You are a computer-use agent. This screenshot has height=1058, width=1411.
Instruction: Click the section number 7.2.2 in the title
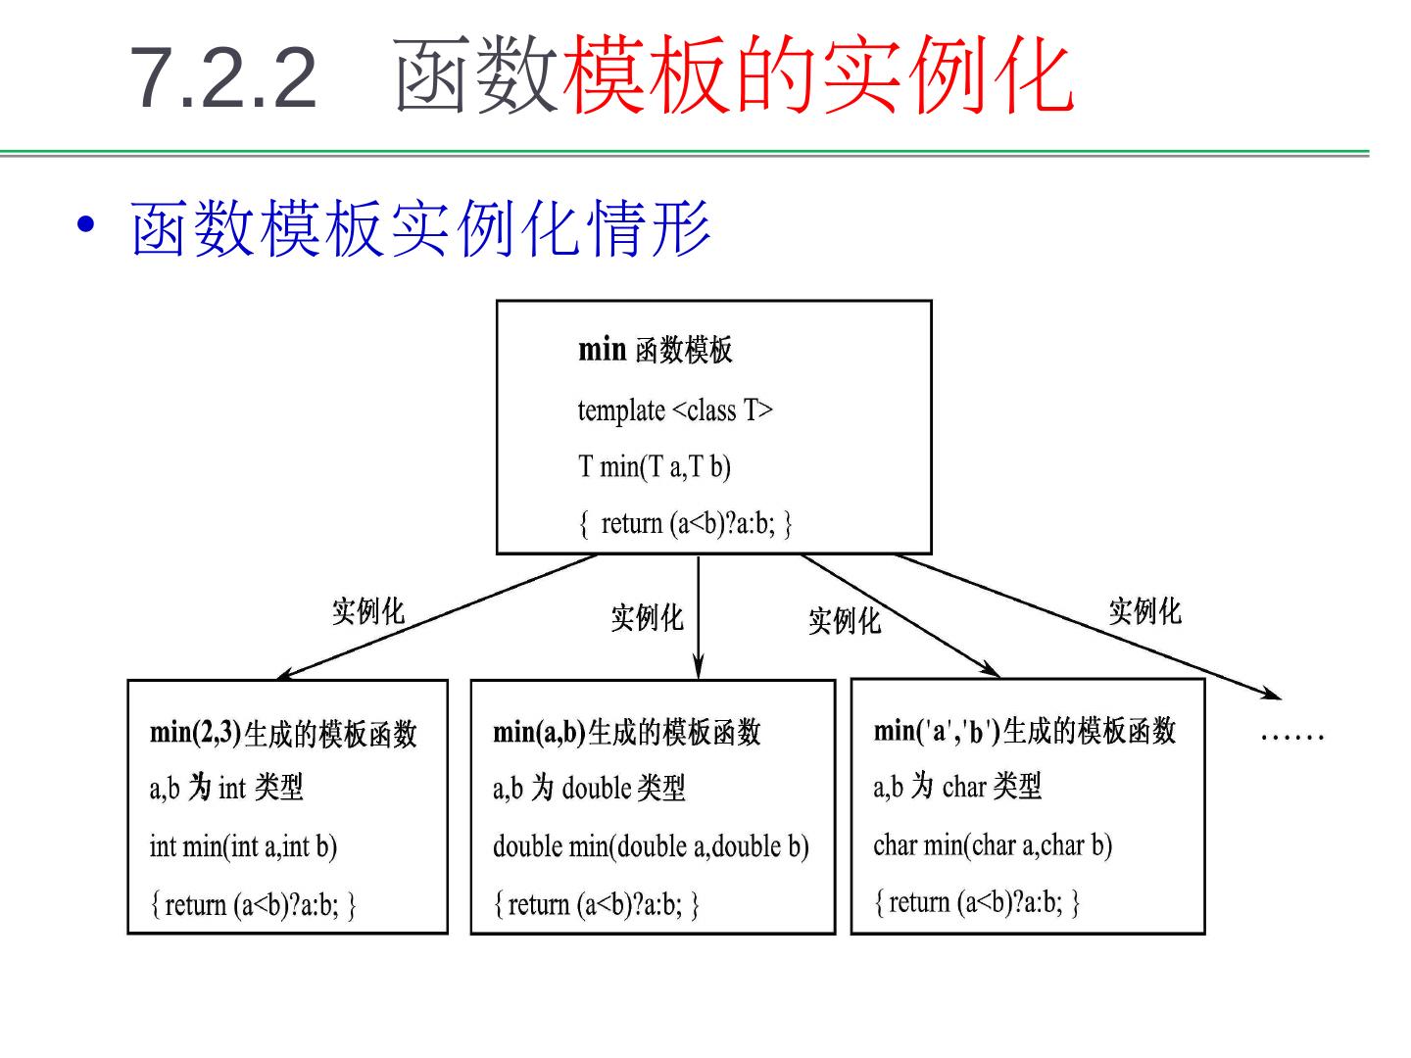point(223,77)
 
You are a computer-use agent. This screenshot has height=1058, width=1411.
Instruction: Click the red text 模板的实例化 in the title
point(818,75)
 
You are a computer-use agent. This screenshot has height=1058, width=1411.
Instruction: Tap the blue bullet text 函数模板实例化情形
point(421,229)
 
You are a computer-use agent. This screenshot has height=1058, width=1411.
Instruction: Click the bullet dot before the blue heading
point(87,223)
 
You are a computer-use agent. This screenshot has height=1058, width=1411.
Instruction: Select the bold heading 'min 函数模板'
point(655,350)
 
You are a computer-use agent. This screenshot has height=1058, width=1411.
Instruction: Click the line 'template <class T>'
point(674,409)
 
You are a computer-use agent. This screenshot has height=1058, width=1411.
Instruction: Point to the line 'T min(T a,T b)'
point(654,466)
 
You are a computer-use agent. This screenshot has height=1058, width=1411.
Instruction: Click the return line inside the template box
point(684,523)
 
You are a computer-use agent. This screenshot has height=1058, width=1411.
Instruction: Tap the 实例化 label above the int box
point(367,611)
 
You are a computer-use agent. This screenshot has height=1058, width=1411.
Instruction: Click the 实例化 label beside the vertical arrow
point(647,617)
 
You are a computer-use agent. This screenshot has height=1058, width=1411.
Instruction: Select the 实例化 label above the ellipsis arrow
point(1144,611)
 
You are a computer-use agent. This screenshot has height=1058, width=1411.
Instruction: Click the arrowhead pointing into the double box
point(698,670)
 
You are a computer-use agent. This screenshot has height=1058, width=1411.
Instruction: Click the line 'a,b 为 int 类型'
point(226,788)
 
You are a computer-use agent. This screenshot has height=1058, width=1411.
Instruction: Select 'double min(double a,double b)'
point(651,846)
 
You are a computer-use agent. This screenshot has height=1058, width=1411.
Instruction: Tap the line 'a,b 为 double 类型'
point(589,788)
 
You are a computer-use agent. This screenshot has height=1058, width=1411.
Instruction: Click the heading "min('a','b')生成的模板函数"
point(1024,731)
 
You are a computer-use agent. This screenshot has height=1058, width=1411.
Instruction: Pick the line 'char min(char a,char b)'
point(993,844)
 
